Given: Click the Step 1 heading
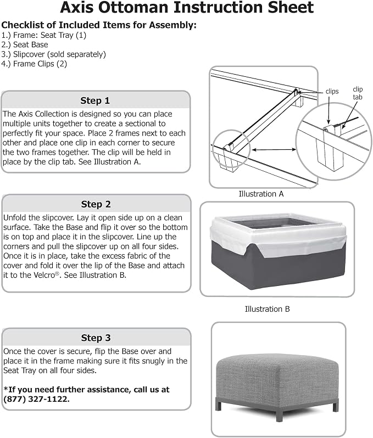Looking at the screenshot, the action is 95,100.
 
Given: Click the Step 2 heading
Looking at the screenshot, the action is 96,204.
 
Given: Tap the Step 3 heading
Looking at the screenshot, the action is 96,338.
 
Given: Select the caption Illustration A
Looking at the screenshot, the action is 261,194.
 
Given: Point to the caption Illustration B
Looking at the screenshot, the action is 267,309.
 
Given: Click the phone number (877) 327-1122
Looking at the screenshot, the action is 36,399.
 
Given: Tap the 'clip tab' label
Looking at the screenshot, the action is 358,93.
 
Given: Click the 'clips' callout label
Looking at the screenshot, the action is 332,91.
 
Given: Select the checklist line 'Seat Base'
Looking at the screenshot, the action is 25,44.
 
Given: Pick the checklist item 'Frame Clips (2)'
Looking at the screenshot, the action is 34,64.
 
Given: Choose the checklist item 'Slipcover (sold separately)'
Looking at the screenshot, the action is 53,54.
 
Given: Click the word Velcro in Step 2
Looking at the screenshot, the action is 44,275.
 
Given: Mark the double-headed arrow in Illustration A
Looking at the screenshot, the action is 274,150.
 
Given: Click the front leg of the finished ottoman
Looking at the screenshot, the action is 279,413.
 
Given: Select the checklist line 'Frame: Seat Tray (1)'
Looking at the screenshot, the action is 43,35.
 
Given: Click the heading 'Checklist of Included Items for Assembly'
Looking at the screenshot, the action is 99,25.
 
